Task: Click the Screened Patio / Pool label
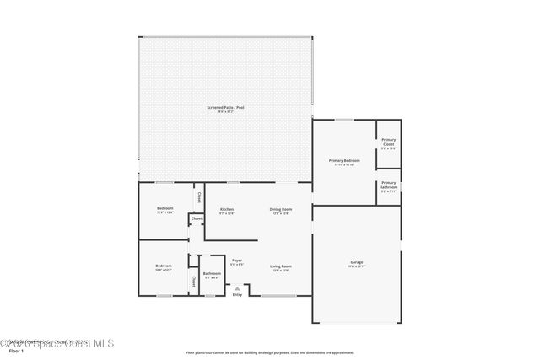pos(226,107)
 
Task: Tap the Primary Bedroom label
pos(344,160)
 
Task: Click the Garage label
pos(357,263)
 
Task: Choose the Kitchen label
pos(227,209)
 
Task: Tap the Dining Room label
pos(280,209)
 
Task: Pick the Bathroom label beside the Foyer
pos(212,273)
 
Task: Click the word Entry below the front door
pos(237,294)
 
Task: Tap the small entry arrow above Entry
pos(237,287)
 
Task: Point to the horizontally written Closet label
pos(197,218)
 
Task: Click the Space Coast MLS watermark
pos(57,343)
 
